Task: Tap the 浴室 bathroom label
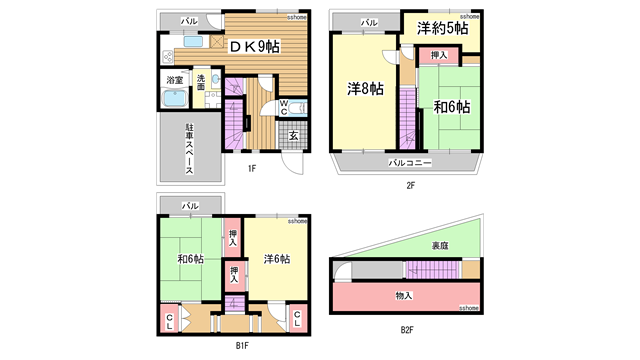pyautogui.click(x=174, y=79)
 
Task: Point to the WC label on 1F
pyautogui.click(x=284, y=106)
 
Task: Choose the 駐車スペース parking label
pyautogui.click(x=188, y=150)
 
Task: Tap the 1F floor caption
pyautogui.click(x=253, y=168)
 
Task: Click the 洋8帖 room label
pyautogui.click(x=365, y=89)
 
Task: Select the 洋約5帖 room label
pyautogui.click(x=442, y=29)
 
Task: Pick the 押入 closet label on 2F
pyautogui.click(x=438, y=56)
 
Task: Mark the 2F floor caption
pyautogui.click(x=410, y=185)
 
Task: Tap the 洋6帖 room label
pyautogui.click(x=277, y=259)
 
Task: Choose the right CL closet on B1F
pyautogui.click(x=297, y=319)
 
